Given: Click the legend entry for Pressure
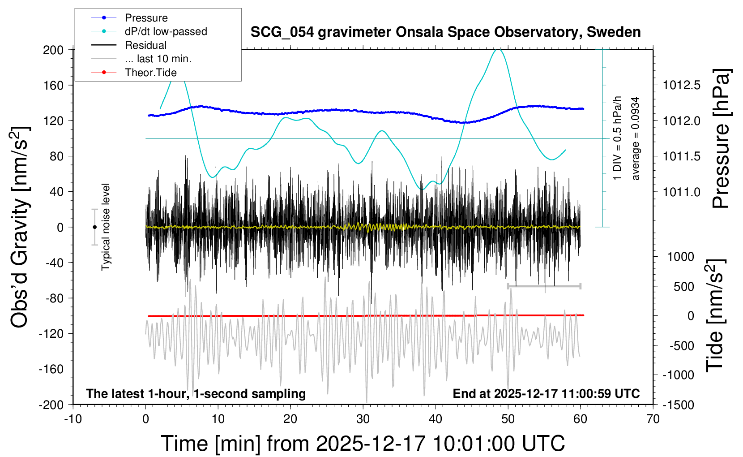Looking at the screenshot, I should (x=146, y=18).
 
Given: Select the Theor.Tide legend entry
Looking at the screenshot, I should (x=150, y=73).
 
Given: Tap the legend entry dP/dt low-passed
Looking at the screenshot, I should (x=166, y=31).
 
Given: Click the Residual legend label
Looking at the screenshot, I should (x=145, y=45).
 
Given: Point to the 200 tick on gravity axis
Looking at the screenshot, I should (x=53, y=50).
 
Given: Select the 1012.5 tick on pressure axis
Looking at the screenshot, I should (x=682, y=85).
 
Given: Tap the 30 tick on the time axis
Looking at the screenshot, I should (x=363, y=419).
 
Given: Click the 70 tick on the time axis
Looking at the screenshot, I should (x=653, y=419).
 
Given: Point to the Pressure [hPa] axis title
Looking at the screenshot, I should (x=721, y=139).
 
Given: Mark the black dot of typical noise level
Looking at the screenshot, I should (x=94, y=227).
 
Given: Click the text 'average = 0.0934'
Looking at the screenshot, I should (x=636, y=139).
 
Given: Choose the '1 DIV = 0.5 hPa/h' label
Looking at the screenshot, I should (x=618, y=138).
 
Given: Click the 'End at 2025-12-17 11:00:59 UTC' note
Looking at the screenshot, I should (x=546, y=394).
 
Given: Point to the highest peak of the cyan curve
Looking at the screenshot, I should (x=499, y=50).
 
